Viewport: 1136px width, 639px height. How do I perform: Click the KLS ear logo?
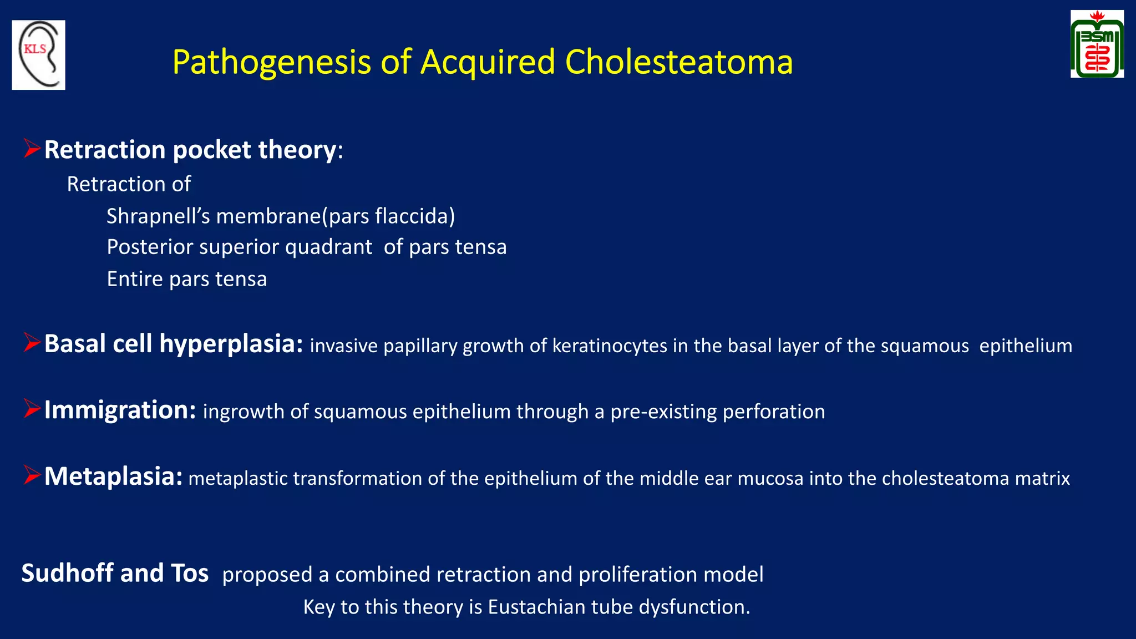pyautogui.click(x=38, y=55)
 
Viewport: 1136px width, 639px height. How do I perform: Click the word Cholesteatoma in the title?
pyautogui.click(x=678, y=62)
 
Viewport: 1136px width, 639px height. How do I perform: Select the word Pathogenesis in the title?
pyautogui.click(x=271, y=62)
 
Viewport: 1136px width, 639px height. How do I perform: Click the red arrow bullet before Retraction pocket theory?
pyautogui.click(x=32, y=149)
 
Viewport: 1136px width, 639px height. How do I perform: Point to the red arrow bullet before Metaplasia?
pyautogui.click(x=32, y=475)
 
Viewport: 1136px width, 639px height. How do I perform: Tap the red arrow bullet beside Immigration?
pyautogui.click(x=32, y=409)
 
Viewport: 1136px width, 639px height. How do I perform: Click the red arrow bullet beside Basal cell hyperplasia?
pyautogui.click(x=32, y=343)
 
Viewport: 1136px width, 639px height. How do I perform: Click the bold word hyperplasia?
pyautogui.click(x=231, y=344)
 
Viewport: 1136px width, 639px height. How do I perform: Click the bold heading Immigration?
pyautogui.click(x=120, y=410)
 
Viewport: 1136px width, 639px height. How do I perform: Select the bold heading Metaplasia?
pyautogui.click(x=113, y=476)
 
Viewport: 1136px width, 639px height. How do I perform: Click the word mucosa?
pyautogui.click(x=770, y=478)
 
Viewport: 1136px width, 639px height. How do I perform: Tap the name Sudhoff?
pyautogui.click(x=67, y=573)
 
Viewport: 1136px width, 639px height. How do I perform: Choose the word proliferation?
pyautogui.click(x=637, y=575)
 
